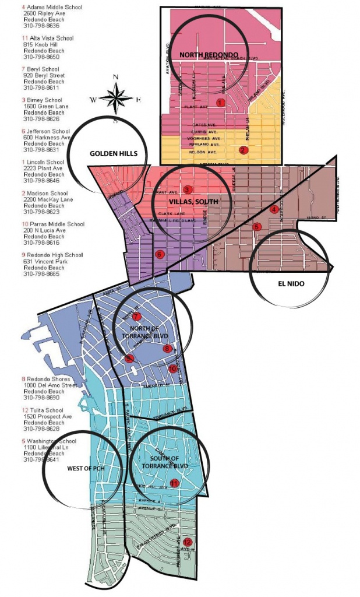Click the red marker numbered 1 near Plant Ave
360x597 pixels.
click(x=220, y=103)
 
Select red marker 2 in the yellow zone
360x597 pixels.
click(x=243, y=150)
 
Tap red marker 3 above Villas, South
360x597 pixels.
click(x=187, y=189)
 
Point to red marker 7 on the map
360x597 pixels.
click(x=136, y=316)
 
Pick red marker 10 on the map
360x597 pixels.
click(x=172, y=368)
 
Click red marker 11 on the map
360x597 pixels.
click(x=174, y=483)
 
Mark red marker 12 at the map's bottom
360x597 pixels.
click(x=186, y=542)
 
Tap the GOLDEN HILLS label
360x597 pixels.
click(x=114, y=153)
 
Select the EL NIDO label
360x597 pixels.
click(x=287, y=284)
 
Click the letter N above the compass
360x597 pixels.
click(x=115, y=77)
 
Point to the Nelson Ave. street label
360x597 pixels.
click(x=203, y=152)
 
